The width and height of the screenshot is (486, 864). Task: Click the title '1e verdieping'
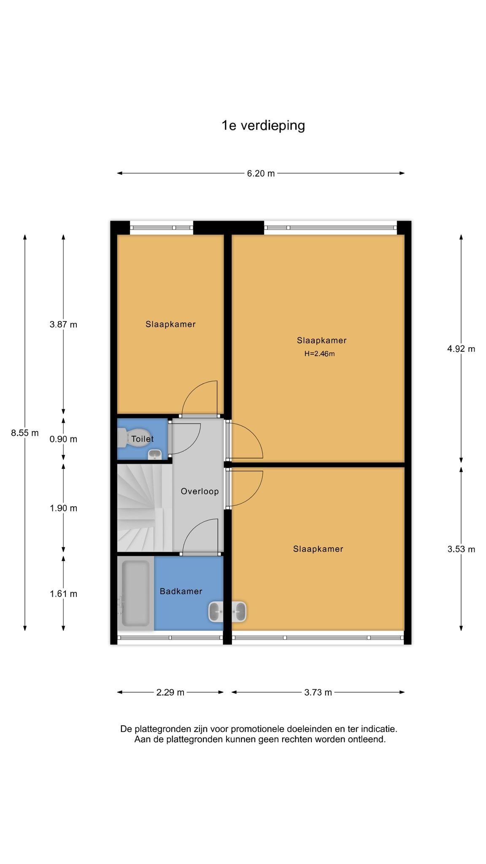[263, 126]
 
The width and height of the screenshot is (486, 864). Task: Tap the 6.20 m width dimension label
[261, 173]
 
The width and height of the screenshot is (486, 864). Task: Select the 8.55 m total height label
[25, 433]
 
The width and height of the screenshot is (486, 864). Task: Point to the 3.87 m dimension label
[63, 324]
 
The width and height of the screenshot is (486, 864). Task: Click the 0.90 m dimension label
[63, 439]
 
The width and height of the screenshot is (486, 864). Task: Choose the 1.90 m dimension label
[63, 508]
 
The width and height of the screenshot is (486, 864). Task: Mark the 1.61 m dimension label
[63, 594]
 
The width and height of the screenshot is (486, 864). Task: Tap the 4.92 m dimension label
[461, 349]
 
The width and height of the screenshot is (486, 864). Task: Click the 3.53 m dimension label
[461, 549]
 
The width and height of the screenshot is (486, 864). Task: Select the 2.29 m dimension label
[170, 692]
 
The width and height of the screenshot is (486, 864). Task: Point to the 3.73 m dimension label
[318, 692]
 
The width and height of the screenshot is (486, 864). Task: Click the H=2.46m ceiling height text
[320, 354]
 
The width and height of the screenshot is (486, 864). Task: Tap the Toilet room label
[143, 439]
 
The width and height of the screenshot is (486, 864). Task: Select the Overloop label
[200, 491]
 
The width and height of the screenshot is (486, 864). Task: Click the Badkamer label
[181, 591]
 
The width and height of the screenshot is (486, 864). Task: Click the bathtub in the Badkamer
[135, 593]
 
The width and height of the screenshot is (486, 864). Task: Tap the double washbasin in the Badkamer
[227, 612]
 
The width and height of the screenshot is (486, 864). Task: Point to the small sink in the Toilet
[154, 455]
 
